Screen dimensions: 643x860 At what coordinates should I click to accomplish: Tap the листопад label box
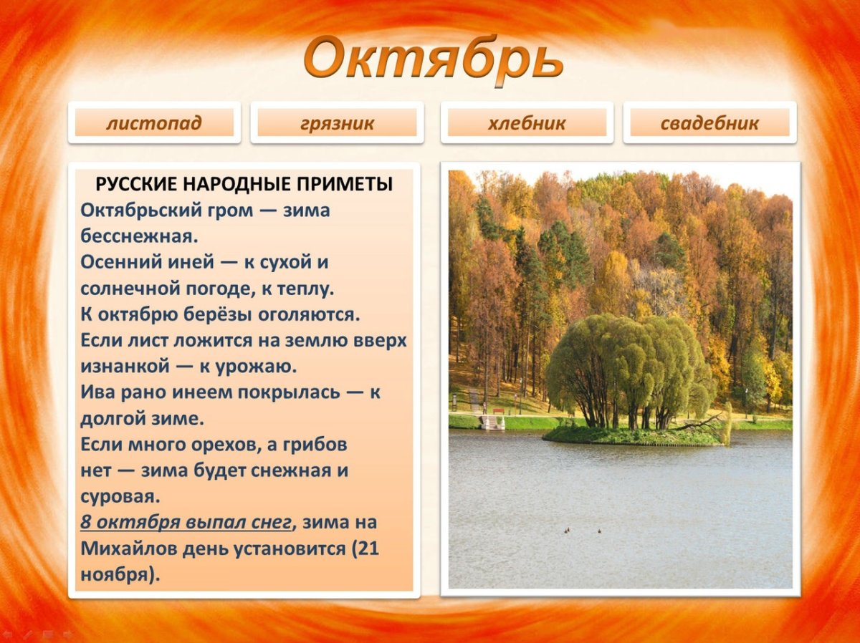154,123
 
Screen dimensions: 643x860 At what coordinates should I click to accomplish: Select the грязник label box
337,123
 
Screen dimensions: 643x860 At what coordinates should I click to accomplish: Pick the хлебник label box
527,123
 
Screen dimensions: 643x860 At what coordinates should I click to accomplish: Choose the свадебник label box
709,123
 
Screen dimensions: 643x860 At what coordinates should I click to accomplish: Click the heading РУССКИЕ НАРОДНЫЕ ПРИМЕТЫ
244,184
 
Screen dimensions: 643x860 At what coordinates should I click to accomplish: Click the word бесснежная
139,236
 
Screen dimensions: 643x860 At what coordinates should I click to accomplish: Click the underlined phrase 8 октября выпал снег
186,523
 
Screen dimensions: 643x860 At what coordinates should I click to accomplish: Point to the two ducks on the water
583,531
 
